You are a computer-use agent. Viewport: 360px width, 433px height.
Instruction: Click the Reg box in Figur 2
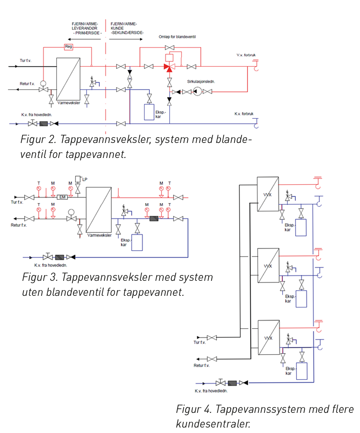tap(69, 47)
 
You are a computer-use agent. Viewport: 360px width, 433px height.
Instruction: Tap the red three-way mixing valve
tap(170, 67)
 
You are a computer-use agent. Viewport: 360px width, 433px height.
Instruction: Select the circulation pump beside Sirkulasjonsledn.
tap(198, 91)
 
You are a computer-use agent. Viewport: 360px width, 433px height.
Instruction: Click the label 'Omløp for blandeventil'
tap(177, 37)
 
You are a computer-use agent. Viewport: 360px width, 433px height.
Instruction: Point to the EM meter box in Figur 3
tap(62, 197)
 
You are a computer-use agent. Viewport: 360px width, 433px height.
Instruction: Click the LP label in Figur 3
tap(85, 179)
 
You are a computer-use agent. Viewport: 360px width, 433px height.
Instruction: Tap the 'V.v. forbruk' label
tap(246, 55)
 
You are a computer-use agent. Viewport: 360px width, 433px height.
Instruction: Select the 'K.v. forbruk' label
tap(244, 114)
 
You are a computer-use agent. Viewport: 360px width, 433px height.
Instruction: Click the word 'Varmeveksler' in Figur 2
tap(69, 103)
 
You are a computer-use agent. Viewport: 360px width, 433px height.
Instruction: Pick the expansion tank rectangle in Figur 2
tap(149, 112)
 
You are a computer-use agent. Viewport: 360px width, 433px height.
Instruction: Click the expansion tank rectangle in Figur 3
tap(137, 242)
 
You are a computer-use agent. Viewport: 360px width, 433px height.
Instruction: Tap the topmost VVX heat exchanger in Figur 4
tap(268, 194)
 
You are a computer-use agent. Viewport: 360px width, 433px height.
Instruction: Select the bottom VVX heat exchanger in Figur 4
tap(269, 337)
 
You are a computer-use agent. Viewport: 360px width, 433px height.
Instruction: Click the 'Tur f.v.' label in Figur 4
tap(200, 342)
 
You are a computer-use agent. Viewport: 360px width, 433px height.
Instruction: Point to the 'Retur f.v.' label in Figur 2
tap(27, 84)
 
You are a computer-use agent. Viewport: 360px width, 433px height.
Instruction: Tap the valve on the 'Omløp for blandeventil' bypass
tap(170, 48)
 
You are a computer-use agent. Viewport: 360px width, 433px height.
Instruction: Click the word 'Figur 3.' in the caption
tap(40, 277)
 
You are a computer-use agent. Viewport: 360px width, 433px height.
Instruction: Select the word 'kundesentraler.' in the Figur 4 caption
tap(213, 424)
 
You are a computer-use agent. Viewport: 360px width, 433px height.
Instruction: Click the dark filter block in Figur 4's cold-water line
tap(232, 383)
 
